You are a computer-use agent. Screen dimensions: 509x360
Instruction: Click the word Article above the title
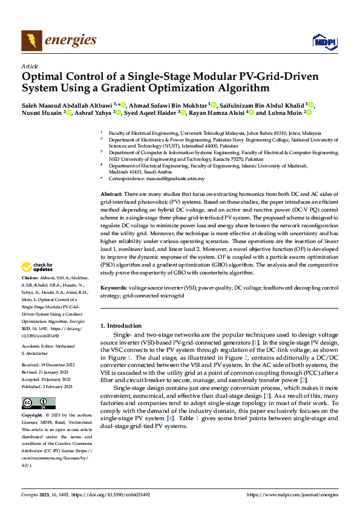[x=30, y=66]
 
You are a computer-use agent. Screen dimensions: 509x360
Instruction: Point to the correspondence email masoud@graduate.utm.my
[x=181, y=179]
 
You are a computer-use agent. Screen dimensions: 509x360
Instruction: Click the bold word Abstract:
[x=111, y=193]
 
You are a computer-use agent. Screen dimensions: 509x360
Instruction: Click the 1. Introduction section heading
[x=120, y=326]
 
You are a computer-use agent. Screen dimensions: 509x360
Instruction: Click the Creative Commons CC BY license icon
[x=39, y=403]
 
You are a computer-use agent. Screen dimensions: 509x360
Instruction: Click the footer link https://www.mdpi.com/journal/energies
[x=292, y=494]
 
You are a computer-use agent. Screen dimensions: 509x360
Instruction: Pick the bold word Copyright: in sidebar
[x=33, y=416]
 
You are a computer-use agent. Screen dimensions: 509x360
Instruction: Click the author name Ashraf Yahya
[x=94, y=112]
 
